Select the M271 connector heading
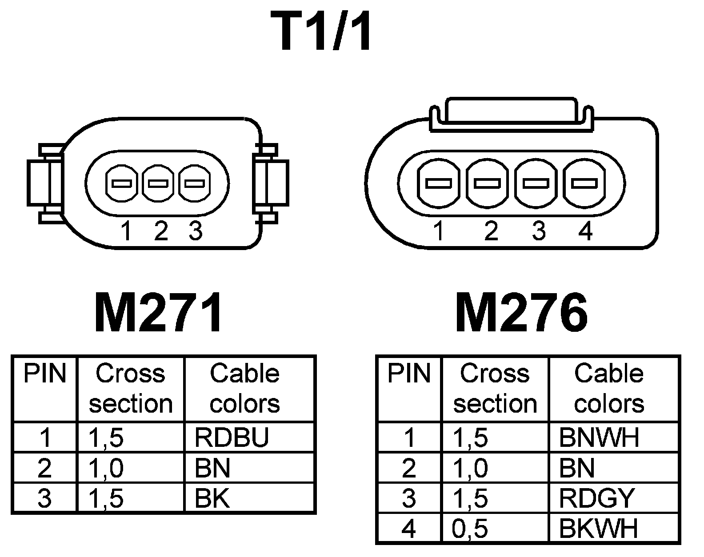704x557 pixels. click(x=158, y=314)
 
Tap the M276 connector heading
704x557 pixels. click(x=521, y=314)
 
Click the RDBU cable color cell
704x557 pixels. click(x=232, y=438)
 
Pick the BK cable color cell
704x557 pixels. click(x=212, y=498)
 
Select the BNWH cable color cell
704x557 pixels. click(x=599, y=438)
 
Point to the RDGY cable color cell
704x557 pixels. click(x=596, y=498)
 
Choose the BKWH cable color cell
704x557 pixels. click(x=598, y=529)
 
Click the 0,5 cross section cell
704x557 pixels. click(x=470, y=529)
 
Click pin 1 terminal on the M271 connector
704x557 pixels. click(x=121, y=183)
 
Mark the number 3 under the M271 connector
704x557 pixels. click(x=196, y=231)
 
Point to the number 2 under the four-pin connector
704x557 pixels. click(x=491, y=231)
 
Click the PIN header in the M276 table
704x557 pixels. click(x=409, y=374)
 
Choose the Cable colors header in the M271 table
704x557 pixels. click(x=245, y=388)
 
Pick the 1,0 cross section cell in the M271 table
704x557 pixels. click(x=106, y=468)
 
